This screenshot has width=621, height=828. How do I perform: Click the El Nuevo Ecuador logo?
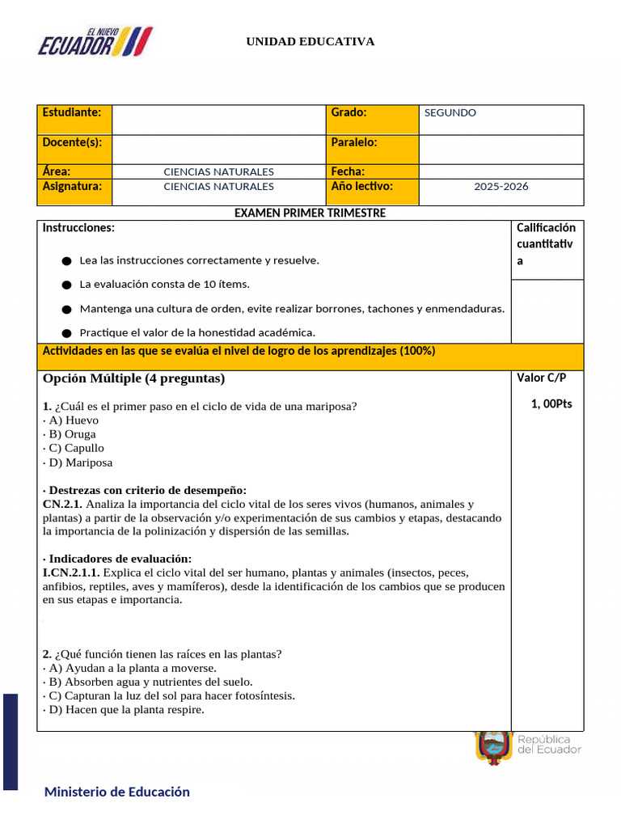(95, 42)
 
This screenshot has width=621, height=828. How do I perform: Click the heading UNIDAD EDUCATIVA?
(310, 41)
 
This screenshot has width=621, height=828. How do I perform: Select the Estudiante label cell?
(74, 119)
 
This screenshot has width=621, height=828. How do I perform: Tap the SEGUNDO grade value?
(450, 113)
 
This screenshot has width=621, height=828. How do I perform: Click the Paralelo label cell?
(371, 149)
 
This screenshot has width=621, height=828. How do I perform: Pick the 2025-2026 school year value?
(501, 187)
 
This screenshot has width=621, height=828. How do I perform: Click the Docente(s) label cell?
(74, 149)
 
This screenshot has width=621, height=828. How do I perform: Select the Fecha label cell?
(371, 171)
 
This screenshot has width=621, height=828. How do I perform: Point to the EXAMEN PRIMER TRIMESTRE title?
(310, 213)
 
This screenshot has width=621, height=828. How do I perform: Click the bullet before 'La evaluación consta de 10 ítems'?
(65, 285)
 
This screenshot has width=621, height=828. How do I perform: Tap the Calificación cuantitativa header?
(546, 244)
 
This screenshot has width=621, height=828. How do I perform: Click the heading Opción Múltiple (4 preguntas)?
(133, 378)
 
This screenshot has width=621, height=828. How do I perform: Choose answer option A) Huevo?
(71, 420)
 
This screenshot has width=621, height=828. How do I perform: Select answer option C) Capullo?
(74, 448)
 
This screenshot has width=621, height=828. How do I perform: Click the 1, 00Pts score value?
(551, 403)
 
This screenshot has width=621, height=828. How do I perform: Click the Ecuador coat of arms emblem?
(493, 746)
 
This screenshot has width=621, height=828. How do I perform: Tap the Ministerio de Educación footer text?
(117, 792)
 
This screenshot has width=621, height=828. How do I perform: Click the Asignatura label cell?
(74, 187)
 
